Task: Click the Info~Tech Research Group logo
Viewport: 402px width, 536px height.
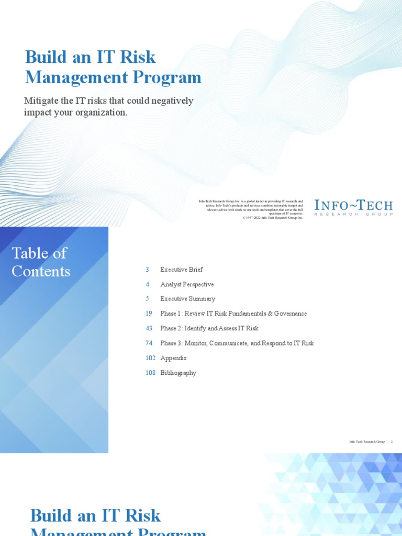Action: (353, 207)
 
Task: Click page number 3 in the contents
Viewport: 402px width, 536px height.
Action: (148, 270)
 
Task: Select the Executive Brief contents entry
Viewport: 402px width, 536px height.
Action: (182, 270)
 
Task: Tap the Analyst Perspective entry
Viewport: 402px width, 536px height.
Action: (187, 284)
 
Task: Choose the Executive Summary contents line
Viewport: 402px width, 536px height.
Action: (187, 299)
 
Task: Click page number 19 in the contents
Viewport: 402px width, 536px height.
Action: (149, 314)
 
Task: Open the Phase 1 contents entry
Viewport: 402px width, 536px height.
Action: (233, 314)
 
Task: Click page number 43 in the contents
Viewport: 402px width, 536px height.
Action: (149, 328)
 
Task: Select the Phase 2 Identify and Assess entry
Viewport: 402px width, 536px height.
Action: (209, 328)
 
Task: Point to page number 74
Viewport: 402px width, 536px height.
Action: (149, 343)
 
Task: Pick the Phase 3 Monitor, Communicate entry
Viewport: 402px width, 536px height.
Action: (237, 343)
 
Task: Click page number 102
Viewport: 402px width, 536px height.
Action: (150, 358)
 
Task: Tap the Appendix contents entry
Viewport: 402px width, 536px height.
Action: (173, 358)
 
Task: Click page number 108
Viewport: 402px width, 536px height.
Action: (150, 373)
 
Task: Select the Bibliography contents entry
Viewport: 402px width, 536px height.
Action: (178, 373)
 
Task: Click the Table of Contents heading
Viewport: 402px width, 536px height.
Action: (41, 262)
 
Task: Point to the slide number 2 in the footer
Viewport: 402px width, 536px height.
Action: (392, 442)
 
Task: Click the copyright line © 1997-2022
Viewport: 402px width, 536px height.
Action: (273, 218)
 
